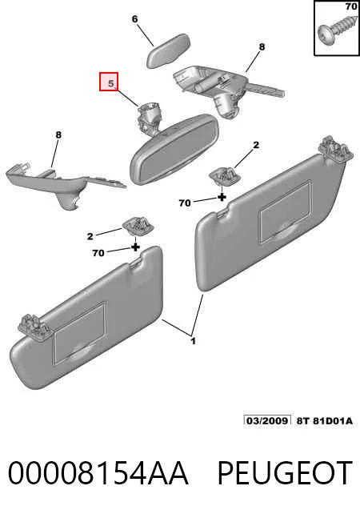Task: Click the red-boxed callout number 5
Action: pyautogui.click(x=111, y=83)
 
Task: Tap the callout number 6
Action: pyautogui.click(x=134, y=19)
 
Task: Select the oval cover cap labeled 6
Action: pyautogui.click(x=168, y=50)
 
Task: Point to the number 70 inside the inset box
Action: pyautogui.click(x=351, y=6)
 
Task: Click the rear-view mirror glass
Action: pyautogui.click(x=174, y=150)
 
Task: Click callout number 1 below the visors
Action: pyautogui.click(x=194, y=341)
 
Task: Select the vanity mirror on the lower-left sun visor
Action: pyautogui.click(x=79, y=332)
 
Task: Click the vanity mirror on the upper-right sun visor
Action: pyautogui.click(x=285, y=212)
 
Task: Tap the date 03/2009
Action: pyautogui.click(x=267, y=420)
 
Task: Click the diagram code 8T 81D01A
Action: pyautogui.click(x=324, y=420)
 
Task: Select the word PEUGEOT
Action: pyautogui.click(x=285, y=472)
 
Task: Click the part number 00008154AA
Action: pyautogui.click(x=98, y=472)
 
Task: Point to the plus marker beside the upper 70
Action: pyautogui.click(x=222, y=197)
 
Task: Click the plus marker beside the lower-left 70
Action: pyautogui.click(x=135, y=247)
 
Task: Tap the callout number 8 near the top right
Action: pyautogui.click(x=262, y=47)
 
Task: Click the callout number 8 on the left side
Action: pyautogui.click(x=58, y=135)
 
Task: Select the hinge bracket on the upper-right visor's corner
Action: pyautogui.click(x=337, y=149)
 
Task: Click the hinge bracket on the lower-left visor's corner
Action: pyautogui.click(x=34, y=327)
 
